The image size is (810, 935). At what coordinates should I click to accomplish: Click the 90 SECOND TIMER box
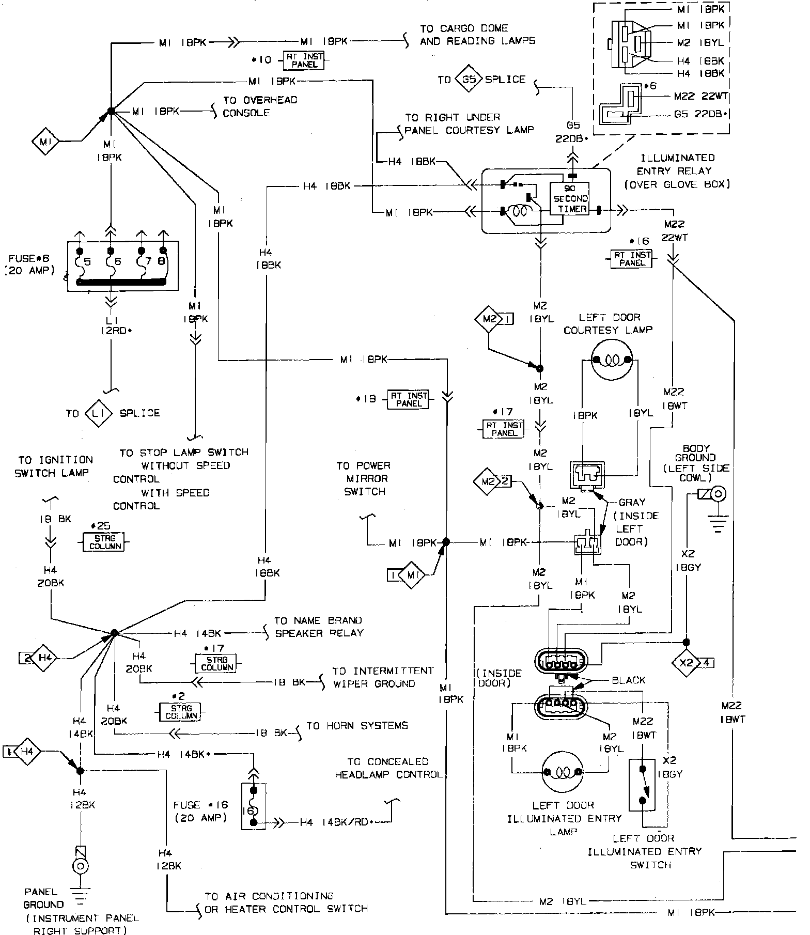point(570,199)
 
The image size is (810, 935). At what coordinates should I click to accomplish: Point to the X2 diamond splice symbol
point(686,662)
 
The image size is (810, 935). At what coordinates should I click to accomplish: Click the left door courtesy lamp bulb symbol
point(612,360)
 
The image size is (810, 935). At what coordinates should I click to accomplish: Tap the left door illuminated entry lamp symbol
point(562,773)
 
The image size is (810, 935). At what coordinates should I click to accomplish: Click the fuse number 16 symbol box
point(253,806)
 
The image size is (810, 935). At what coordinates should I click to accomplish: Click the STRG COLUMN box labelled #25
point(105,542)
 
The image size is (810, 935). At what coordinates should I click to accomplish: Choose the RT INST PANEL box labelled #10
point(304,60)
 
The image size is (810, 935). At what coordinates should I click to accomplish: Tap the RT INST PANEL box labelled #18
point(409,399)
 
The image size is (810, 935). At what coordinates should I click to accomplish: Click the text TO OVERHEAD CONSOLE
point(260,106)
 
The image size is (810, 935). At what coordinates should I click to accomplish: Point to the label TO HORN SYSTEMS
point(357,726)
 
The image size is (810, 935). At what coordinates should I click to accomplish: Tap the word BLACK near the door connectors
point(628,680)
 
